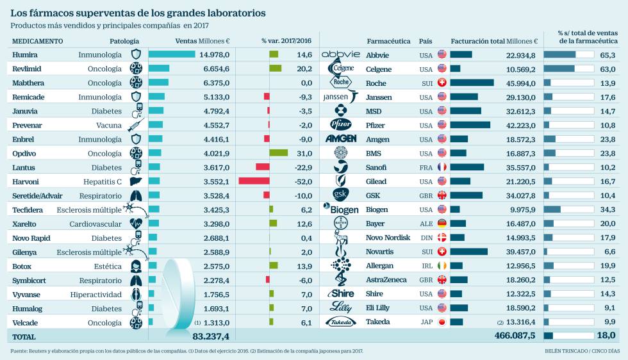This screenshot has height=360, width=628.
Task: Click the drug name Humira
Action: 24,55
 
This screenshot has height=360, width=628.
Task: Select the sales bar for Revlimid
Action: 159,69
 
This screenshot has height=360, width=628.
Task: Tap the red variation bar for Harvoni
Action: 254,181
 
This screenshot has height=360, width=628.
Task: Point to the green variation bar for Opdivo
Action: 278,153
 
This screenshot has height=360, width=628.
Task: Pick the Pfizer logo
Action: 340,124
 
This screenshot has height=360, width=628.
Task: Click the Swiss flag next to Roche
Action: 442,83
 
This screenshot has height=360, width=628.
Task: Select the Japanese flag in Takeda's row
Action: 442,322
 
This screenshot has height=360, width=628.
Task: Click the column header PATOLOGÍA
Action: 124,41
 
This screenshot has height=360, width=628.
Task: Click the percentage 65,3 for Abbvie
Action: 607,55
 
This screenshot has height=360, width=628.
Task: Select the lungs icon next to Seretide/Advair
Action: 135,195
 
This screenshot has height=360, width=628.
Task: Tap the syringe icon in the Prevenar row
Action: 135,125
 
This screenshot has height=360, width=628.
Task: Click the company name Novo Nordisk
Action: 388,238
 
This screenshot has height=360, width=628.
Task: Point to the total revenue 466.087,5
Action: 516,336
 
